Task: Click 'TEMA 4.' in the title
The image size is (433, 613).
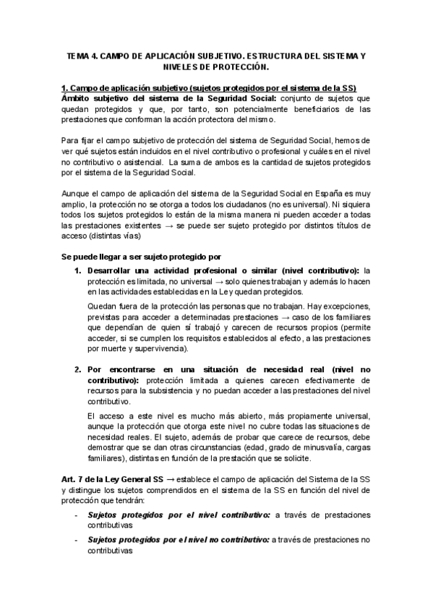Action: [80, 55]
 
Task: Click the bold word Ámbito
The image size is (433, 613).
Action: [79, 98]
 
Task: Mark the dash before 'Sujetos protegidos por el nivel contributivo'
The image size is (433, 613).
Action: [77, 515]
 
